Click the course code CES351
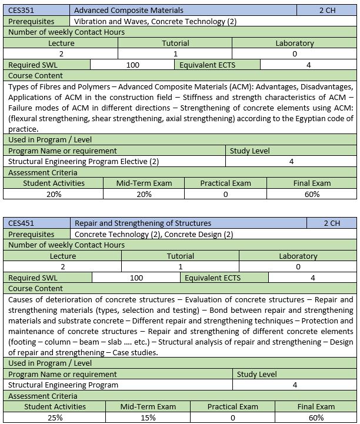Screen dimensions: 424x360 coord(21,10)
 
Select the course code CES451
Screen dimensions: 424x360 coord(21,223)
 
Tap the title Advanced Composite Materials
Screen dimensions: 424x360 coord(128,10)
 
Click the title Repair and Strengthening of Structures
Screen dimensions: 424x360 coord(142,223)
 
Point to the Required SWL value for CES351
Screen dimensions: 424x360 coord(133,65)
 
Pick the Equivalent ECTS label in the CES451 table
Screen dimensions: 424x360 coord(212,278)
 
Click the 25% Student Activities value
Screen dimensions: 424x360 coord(54,418)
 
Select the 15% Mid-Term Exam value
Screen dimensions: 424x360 coord(148,418)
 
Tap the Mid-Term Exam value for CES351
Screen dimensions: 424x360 coord(144,194)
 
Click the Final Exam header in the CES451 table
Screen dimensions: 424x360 coord(316,406)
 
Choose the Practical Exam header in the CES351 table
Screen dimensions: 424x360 coord(225,183)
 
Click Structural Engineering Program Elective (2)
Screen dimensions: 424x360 coord(84,161)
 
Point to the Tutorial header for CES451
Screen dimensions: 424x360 coord(180,256)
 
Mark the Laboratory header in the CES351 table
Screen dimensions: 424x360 coord(294,43)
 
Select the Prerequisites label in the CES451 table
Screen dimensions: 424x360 coord(31,234)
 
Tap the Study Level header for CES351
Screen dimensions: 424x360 coord(249,151)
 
